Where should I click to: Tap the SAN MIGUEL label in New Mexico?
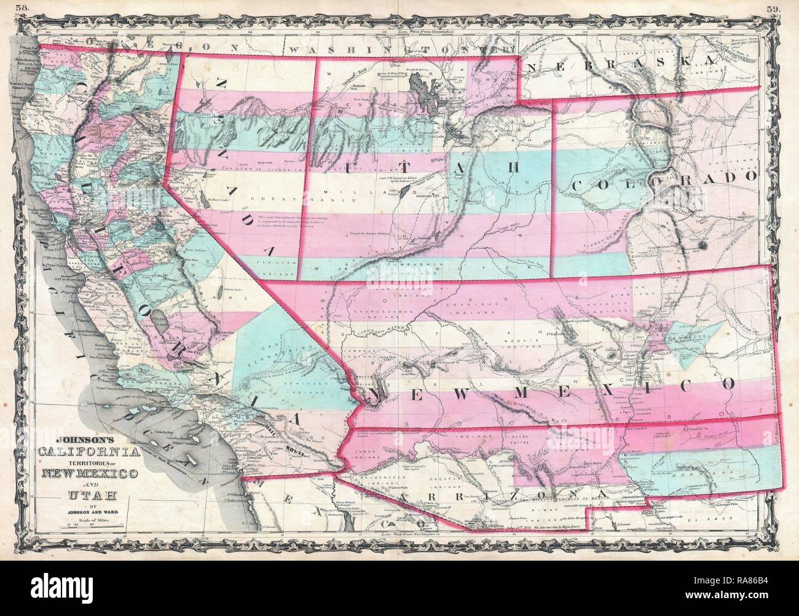[691, 338]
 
